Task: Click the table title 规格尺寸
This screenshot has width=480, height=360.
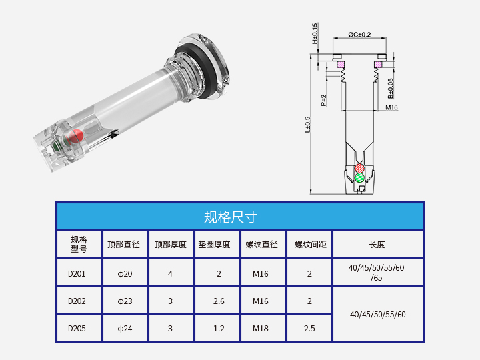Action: pos(230,217)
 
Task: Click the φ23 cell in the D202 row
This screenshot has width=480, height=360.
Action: pos(125,301)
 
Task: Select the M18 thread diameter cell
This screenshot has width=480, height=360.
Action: pos(261,328)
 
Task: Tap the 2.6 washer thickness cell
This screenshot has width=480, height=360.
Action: pos(219,301)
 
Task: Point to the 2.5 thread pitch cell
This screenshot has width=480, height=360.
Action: pos(309,328)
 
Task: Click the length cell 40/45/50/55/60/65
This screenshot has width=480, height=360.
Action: pos(377,273)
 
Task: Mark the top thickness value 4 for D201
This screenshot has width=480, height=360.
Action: pos(170,273)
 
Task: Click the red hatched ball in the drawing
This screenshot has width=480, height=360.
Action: pos(360,167)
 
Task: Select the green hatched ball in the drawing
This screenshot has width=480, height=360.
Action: pos(360,177)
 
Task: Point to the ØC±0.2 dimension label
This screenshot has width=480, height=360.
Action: pos(360,35)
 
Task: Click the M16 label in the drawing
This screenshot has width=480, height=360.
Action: pos(391,107)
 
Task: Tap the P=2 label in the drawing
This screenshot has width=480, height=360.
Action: pos(323,100)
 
